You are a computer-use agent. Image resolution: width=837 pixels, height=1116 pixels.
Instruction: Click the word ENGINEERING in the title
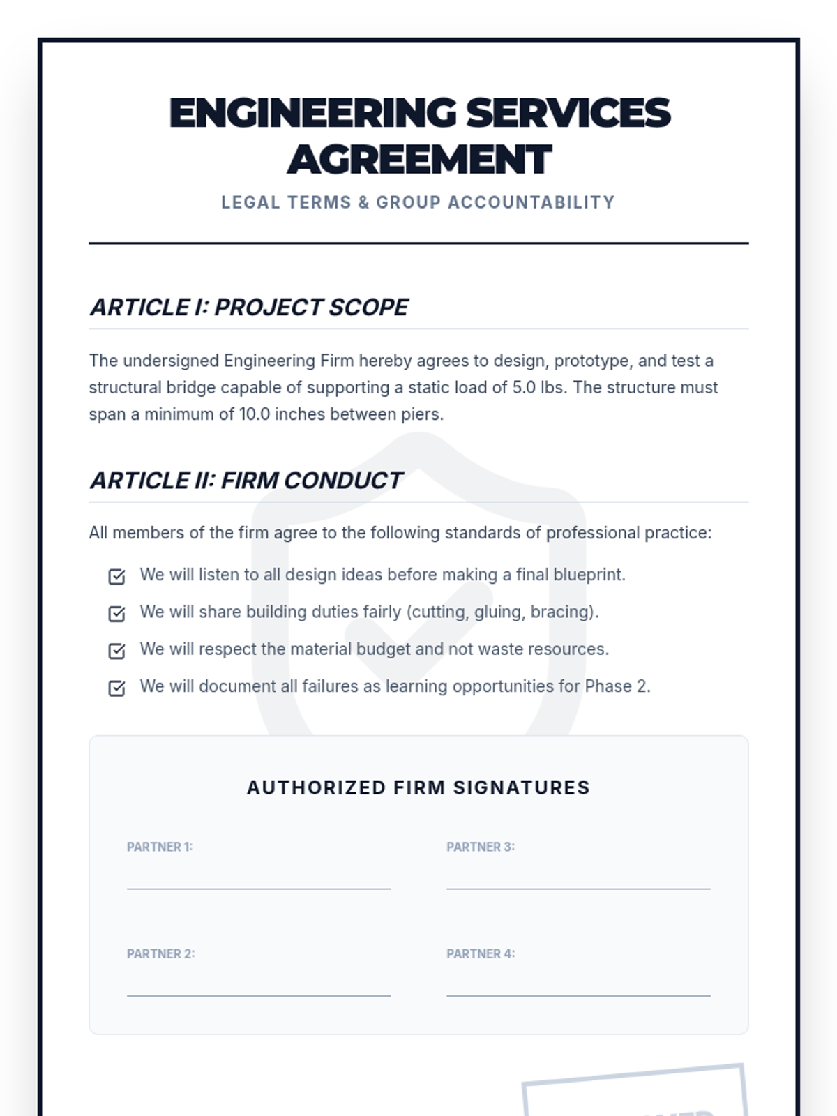pyautogui.click(x=313, y=113)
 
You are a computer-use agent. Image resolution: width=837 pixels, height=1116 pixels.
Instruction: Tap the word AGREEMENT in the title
pyautogui.click(x=419, y=160)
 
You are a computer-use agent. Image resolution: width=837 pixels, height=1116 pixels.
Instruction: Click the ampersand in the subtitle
pyautogui.click(x=363, y=202)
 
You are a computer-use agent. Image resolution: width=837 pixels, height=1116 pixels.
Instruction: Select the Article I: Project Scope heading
pyautogui.click(x=249, y=307)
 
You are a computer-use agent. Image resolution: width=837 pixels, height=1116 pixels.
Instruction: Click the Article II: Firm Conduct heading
pyautogui.click(x=246, y=481)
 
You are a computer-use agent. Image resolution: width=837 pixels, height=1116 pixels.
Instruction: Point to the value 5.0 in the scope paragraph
pyautogui.click(x=524, y=388)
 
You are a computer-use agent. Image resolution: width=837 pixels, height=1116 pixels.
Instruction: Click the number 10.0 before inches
pyautogui.click(x=255, y=414)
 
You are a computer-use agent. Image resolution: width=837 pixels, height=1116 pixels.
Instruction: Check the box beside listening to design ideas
pyautogui.click(x=117, y=576)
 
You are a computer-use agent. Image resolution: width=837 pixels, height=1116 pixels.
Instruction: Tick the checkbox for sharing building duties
pyautogui.click(x=117, y=613)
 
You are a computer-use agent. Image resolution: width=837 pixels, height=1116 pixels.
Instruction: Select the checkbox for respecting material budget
pyautogui.click(x=117, y=651)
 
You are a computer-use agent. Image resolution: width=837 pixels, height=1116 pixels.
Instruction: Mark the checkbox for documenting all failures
pyautogui.click(x=117, y=688)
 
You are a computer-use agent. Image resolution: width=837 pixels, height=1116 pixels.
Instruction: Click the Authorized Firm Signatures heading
pyautogui.click(x=418, y=787)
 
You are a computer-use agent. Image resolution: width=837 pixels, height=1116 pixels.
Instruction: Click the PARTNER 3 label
pyautogui.click(x=481, y=847)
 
